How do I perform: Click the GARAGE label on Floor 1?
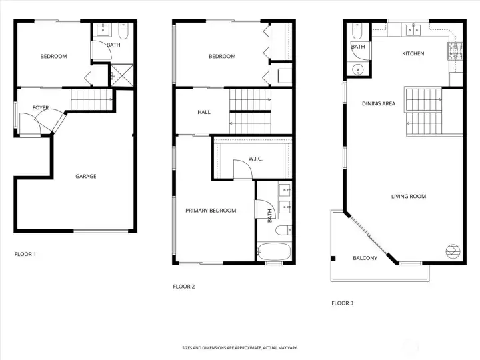[86, 176]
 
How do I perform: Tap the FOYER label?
[41, 108]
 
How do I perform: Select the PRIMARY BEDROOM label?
[211, 211]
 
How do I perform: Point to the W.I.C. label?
[255, 159]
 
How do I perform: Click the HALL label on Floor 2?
[204, 113]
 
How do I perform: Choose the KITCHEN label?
[413, 53]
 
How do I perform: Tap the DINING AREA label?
[379, 103]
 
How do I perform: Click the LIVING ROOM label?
[409, 196]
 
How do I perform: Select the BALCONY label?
[365, 258]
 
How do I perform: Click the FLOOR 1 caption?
[25, 254]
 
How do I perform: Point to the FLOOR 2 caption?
[184, 287]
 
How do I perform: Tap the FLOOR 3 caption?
[342, 303]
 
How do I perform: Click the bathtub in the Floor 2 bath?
[274, 251]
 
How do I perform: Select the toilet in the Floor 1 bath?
[123, 31]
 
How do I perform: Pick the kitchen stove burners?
[455, 51]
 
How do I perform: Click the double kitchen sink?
[413, 30]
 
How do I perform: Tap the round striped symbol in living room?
[453, 251]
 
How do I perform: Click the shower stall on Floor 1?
[122, 75]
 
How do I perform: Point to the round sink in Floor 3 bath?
[357, 70]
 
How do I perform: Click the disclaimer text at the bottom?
[240, 348]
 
